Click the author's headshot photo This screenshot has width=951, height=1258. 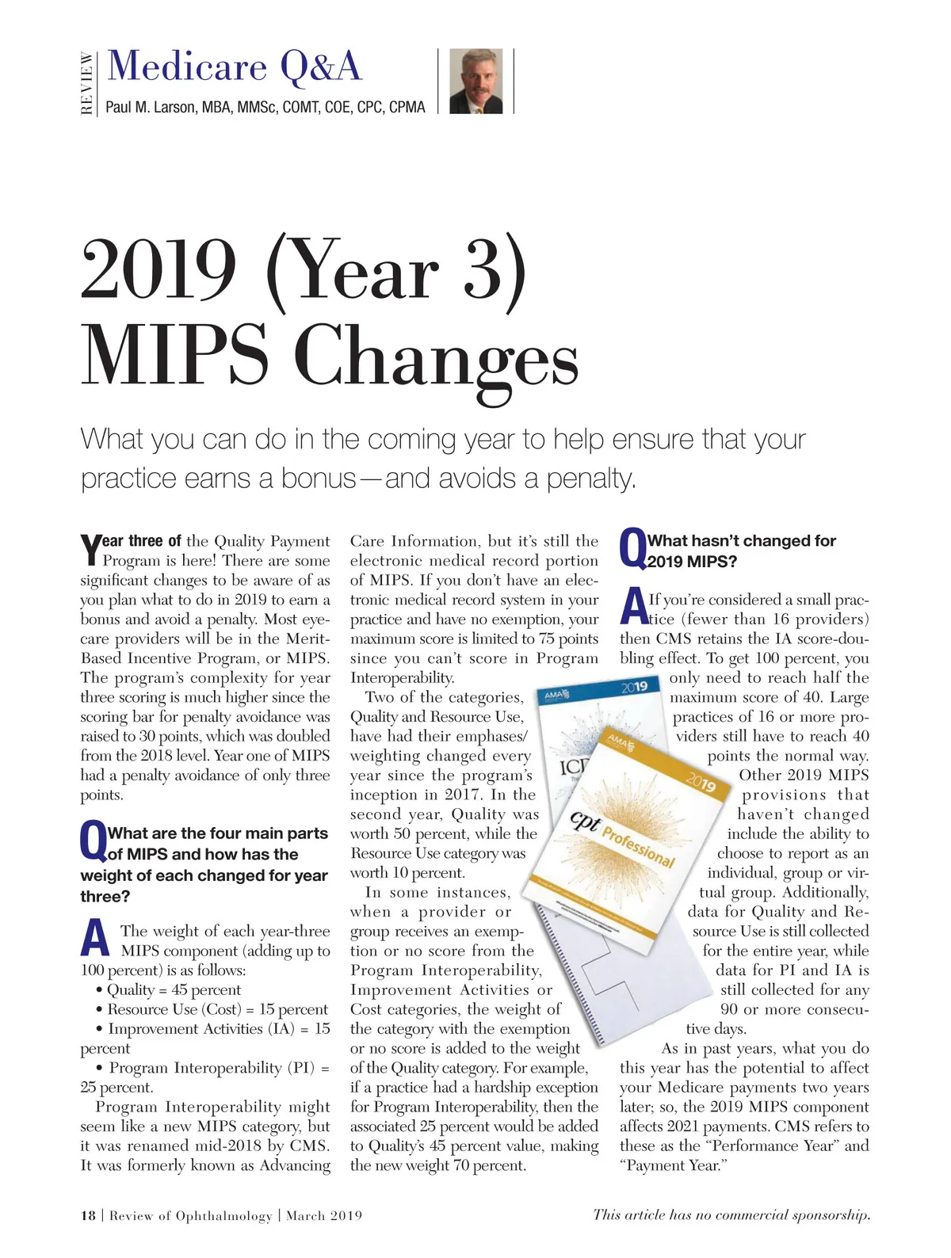475,81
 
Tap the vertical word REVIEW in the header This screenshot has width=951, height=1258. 87,82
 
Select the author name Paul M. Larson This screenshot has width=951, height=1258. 265,107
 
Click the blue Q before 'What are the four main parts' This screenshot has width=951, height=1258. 93,842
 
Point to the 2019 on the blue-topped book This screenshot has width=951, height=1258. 634,687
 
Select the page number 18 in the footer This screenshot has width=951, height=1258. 88,1215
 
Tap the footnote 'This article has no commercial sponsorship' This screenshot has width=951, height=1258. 731,1214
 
